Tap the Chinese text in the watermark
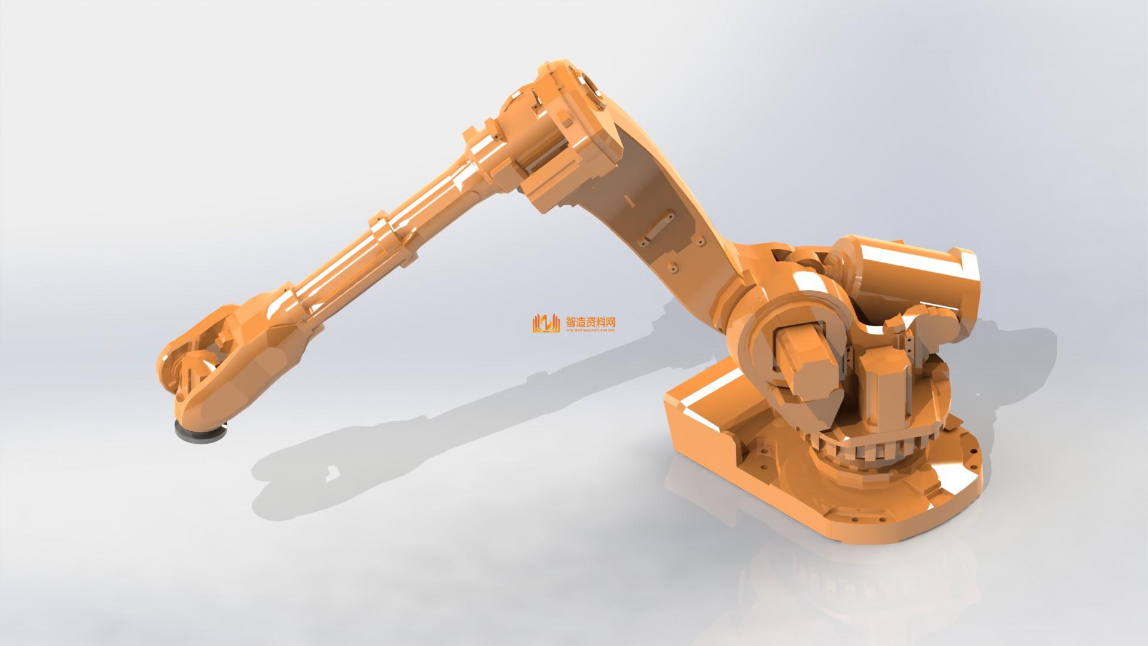tap(590, 321)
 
